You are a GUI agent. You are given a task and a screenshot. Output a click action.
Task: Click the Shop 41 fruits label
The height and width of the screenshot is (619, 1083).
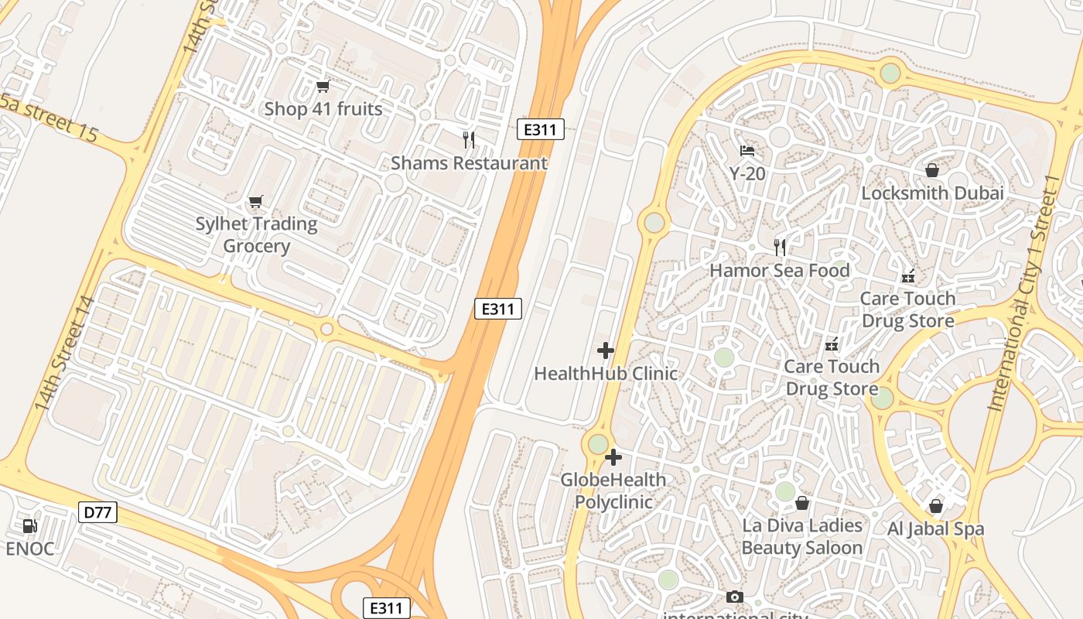point(323,109)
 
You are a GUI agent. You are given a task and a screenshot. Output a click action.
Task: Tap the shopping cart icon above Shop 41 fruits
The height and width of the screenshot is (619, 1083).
point(323,87)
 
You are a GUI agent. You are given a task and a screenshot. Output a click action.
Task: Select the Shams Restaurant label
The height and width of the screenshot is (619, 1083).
point(469,163)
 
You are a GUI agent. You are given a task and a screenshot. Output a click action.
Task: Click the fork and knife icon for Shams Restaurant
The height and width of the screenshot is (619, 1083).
point(469,140)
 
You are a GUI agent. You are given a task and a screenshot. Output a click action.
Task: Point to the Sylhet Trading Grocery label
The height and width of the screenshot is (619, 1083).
point(256,235)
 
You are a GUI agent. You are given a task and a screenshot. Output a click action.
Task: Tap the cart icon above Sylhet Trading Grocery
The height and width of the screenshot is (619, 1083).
point(256,202)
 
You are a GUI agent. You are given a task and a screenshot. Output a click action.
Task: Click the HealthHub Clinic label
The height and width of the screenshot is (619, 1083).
point(606,374)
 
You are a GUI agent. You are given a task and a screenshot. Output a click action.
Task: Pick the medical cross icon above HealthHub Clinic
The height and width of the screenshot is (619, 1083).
point(606,351)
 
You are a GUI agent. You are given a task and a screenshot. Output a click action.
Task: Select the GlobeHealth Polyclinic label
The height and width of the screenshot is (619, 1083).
point(613,491)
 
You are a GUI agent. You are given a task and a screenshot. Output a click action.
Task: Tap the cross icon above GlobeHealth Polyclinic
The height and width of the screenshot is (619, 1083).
point(613,457)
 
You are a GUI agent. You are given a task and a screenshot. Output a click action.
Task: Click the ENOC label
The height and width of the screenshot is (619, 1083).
point(30,549)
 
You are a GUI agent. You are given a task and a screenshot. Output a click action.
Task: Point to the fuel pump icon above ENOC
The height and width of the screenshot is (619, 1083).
point(30,526)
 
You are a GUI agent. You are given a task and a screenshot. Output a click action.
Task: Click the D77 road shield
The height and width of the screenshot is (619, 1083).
point(97,511)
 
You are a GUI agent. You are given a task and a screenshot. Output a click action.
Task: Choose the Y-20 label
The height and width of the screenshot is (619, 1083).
point(747,174)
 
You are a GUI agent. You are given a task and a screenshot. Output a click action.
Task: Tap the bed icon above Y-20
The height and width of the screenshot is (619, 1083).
point(747,151)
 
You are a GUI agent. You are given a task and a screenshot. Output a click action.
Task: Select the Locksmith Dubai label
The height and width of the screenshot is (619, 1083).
point(932,193)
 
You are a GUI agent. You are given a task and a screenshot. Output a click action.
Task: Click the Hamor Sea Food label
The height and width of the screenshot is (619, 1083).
point(780,271)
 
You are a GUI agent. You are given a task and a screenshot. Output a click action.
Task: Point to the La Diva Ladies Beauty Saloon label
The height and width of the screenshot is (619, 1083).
point(802,536)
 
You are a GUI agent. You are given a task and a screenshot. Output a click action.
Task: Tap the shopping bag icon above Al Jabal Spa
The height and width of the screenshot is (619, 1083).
point(936,507)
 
